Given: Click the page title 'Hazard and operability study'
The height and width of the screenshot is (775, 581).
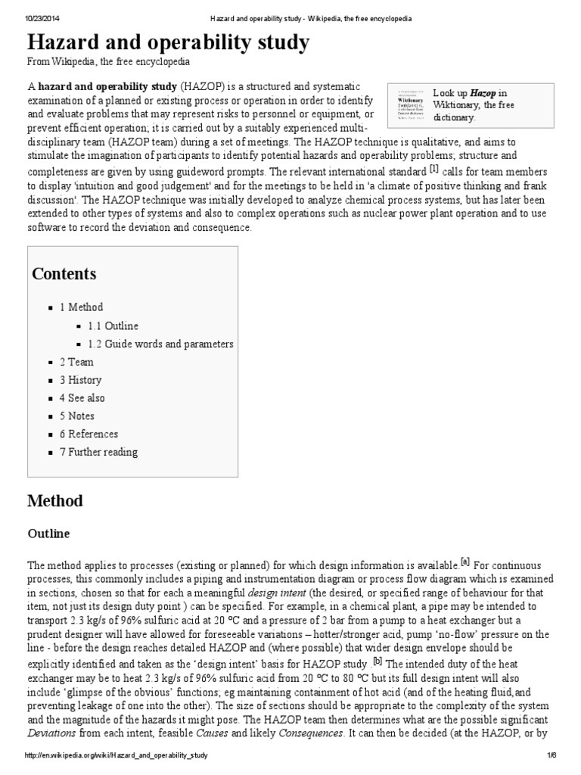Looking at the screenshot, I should click(168, 43).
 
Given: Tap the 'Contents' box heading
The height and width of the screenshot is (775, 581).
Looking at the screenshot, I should click(64, 274).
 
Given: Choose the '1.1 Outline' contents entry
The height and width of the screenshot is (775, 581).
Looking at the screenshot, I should click(113, 325).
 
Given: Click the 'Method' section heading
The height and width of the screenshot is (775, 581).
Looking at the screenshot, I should click(54, 501).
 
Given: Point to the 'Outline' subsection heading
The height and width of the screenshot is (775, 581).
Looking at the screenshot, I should click(48, 534).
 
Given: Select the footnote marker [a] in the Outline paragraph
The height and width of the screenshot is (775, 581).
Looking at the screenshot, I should click(465, 562).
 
